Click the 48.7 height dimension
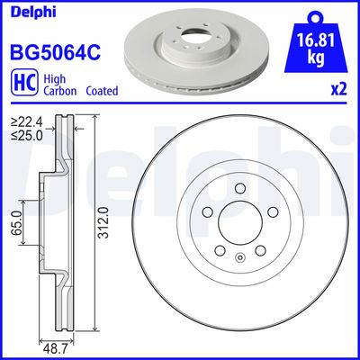pos(58,346)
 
